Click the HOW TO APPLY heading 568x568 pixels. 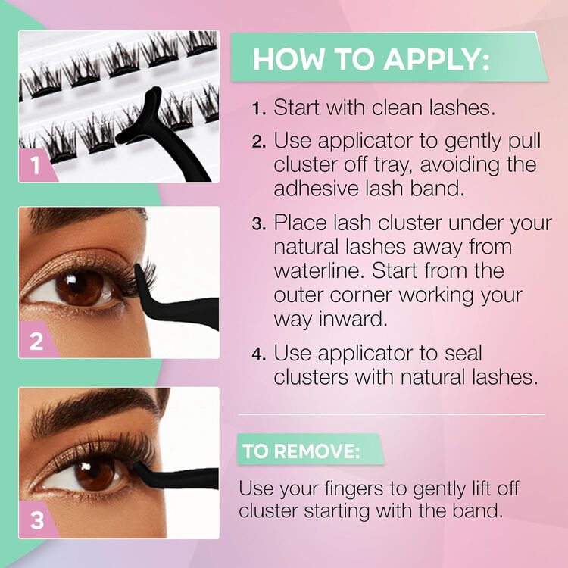coord(371,59)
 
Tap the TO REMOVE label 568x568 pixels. coord(301,452)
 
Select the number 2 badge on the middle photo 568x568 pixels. coord(36,342)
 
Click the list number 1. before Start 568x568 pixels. coord(259,108)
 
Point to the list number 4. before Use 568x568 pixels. coord(259,354)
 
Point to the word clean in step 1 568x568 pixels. coord(395,108)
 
